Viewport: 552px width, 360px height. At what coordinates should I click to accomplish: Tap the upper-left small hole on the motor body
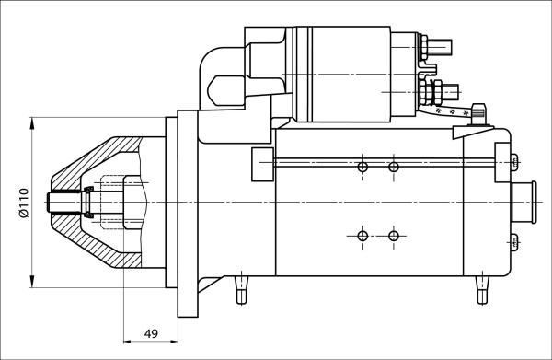(362, 167)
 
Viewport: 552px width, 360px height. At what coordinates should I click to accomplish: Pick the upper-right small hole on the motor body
(394, 167)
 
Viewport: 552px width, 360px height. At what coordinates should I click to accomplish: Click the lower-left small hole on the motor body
(362, 237)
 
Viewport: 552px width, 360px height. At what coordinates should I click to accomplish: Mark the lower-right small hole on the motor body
(394, 237)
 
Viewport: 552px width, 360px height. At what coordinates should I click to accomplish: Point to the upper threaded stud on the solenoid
(439, 43)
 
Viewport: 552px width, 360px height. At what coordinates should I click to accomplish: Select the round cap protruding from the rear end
(523, 202)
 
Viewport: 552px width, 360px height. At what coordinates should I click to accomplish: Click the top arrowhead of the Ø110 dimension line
(33, 122)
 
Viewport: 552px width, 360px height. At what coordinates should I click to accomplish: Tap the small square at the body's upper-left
(262, 163)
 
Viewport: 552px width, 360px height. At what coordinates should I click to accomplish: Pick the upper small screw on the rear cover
(513, 163)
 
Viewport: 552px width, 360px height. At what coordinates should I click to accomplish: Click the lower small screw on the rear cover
(513, 242)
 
